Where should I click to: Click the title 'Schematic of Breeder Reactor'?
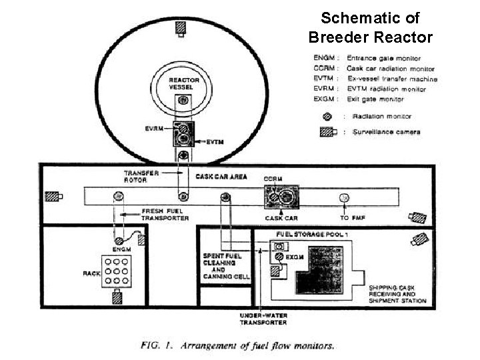[370, 27]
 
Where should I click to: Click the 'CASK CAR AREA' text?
[222, 177]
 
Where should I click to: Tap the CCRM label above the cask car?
[273, 179]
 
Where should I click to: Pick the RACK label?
[91, 273]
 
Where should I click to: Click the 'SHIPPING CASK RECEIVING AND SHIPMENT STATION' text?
[398, 295]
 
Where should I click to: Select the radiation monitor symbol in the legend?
[329, 116]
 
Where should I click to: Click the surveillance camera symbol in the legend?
[329, 132]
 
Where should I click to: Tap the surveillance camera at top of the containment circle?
[181, 28]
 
